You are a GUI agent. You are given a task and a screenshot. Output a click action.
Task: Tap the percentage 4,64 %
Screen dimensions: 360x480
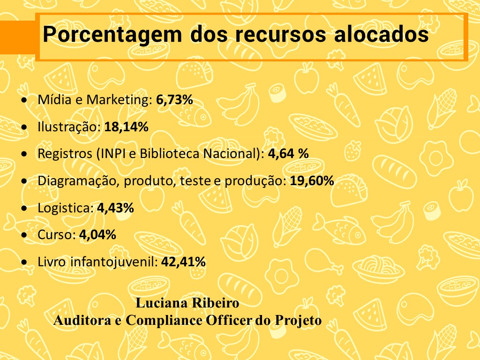click(288, 154)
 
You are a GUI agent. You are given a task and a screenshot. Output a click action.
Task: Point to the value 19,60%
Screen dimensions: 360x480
click(312, 181)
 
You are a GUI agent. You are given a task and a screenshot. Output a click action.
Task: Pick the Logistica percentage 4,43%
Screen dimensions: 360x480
click(115, 208)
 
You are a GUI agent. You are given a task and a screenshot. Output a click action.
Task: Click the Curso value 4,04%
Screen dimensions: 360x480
click(97, 235)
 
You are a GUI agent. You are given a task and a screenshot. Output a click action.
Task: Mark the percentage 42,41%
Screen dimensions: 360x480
click(183, 262)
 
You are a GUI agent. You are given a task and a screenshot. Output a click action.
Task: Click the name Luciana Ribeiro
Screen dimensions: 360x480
click(187, 303)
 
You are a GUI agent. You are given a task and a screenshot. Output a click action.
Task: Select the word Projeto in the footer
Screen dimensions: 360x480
click(299, 321)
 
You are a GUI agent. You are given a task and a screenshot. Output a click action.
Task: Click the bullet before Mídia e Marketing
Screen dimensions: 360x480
click(24, 101)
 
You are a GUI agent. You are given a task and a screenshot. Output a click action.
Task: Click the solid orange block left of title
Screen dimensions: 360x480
click(17, 37)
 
